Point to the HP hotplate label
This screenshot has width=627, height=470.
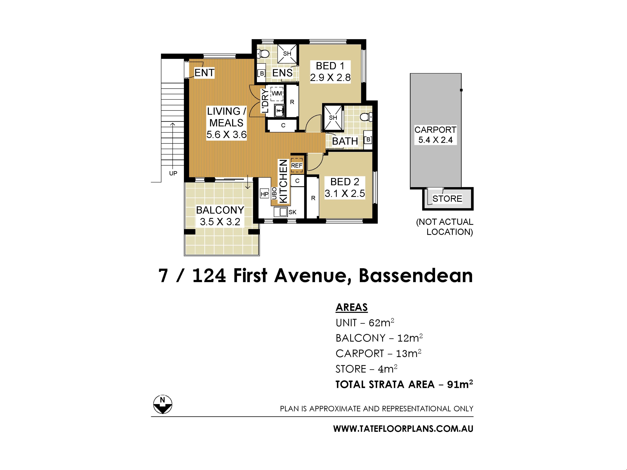[x=265, y=194]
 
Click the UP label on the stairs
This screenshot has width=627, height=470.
[x=173, y=173]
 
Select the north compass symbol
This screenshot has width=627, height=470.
[x=163, y=404]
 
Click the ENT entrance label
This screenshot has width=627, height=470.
[x=204, y=73]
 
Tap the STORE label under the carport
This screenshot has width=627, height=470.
[x=447, y=199]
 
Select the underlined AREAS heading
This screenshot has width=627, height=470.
[x=352, y=307]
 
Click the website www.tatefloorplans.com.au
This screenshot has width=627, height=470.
[x=403, y=429]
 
